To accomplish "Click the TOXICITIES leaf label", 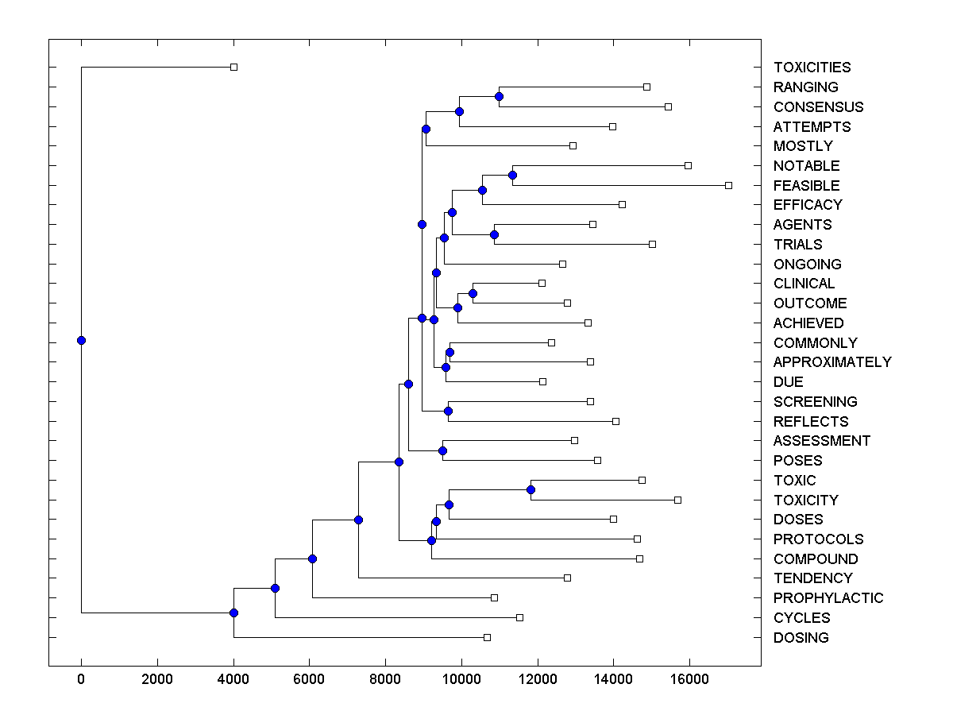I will coord(812,68).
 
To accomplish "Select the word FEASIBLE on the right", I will coord(806,185).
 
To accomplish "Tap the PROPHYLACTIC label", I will coord(828,597).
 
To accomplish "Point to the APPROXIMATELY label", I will coord(832,361).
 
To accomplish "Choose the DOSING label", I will coord(801,637).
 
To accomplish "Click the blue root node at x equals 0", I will coord(81,340).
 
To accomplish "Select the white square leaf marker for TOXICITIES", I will coord(233,67).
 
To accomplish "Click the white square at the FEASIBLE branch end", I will coord(728,185).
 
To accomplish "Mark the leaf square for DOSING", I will coord(487,637).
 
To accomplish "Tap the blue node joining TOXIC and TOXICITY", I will coord(531,489).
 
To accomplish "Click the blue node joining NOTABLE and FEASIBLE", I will coord(512,175).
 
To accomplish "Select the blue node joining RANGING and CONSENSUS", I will coord(499,96).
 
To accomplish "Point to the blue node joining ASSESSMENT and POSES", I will coord(442,450).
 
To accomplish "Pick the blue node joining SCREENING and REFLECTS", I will coord(448,411).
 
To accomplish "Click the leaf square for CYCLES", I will coord(519,617).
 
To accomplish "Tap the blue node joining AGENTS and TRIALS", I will coord(494,234).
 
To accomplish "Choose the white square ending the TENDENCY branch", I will coord(567,578).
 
